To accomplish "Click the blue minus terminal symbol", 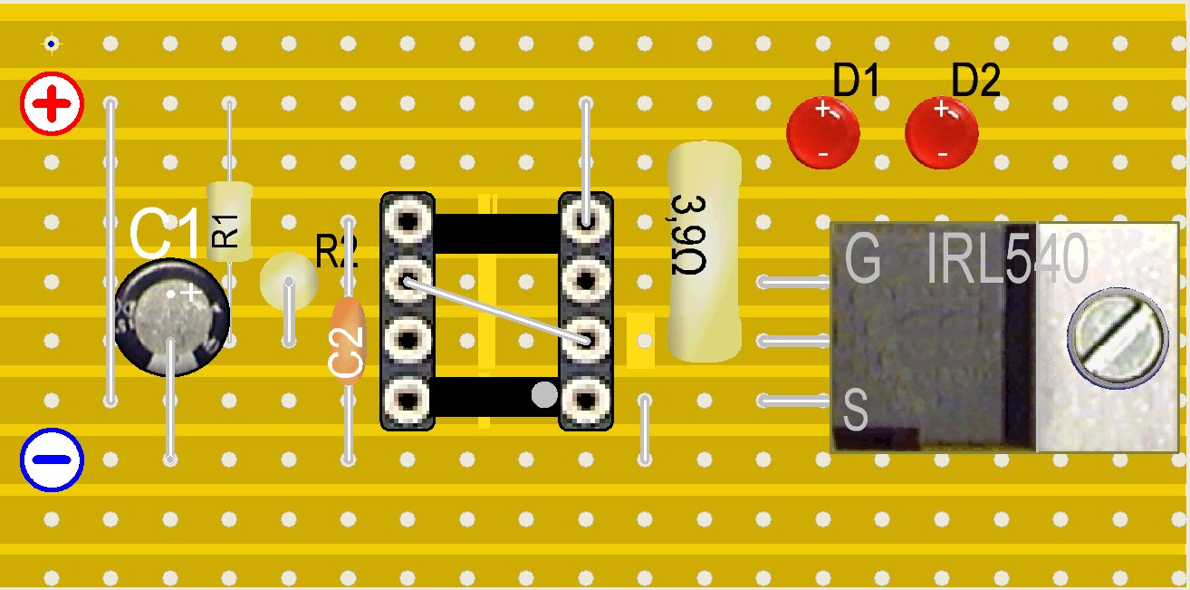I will point(52,459).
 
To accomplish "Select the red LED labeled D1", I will point(822,133).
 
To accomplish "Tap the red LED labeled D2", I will point(942,133).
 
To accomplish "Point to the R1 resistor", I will point(229,220).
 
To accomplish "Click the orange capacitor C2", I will point(348,342).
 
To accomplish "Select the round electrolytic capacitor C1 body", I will point(172,317).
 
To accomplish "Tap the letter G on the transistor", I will point(862,260).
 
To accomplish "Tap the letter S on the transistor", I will point(856,410).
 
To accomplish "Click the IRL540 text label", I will point(1005,260).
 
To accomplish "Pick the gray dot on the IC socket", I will point(543,394).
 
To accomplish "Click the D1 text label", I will point(857,82).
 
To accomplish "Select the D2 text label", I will point(976,82).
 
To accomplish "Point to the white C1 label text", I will point(165,234).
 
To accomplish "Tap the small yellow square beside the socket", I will point(641,340).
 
